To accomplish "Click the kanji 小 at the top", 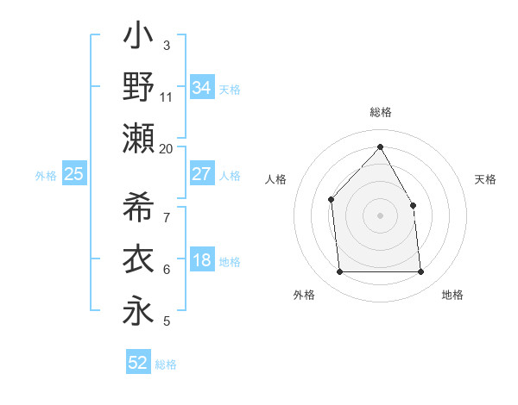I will click(138, 38).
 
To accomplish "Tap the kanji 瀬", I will click(138, 138).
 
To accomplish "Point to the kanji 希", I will click(138, 207).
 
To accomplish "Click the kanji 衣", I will click(138, 259).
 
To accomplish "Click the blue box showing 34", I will click(201, 88).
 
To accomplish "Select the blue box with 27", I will click(201, 174).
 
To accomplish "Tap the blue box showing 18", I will click(201, 261).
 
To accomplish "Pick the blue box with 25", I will click(73, 175).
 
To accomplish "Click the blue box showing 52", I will click(138, 363).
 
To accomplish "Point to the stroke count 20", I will click(167, 148).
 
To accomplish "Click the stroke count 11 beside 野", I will click(167, 97).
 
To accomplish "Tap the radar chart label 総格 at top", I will click(380, 113).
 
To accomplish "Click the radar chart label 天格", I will click(485, 179).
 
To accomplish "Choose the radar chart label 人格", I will click(275, 179).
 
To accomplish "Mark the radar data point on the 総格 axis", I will click(380, 146).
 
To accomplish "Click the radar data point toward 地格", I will click(420, 272).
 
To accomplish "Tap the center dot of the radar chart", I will click(380, 215).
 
